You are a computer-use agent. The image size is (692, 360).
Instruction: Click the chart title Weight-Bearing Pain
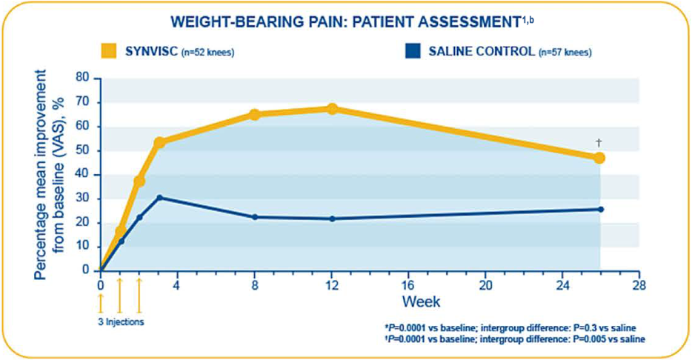coord(345,22)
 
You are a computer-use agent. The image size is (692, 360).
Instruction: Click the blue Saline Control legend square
coord(413,51)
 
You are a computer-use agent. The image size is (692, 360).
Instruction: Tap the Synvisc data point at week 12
coord(332,109)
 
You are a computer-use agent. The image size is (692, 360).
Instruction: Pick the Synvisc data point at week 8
coord(255,115)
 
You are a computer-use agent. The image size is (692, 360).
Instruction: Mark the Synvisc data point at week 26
coord(599,158)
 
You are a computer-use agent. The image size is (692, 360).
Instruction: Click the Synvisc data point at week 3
coord(159,142)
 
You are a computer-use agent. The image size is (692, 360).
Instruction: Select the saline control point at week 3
coord(159,198)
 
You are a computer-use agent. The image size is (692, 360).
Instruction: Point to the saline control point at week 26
coord(600,210)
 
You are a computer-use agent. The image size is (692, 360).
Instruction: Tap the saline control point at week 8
coord(255,217)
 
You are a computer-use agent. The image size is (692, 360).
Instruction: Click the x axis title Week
coord(422,301)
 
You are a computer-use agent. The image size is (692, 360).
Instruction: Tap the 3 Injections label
coord(122,322)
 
